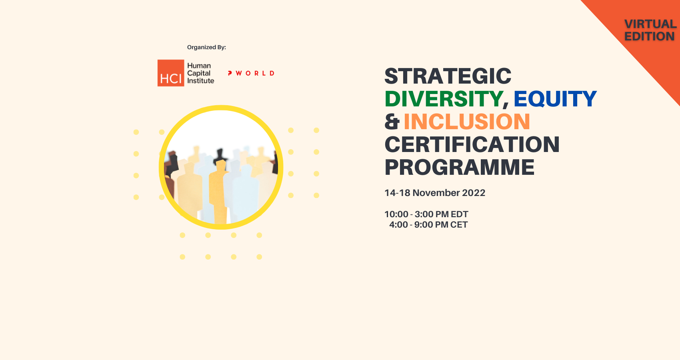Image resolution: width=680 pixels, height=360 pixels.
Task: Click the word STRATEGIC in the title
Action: [448, 76]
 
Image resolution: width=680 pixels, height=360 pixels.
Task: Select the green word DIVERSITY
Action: [444, 99]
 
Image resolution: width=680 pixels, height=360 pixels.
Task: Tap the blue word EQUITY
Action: [555, 99]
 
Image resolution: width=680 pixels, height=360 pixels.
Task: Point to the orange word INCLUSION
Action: [467, 122]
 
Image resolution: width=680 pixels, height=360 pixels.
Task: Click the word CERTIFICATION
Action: [472, 144]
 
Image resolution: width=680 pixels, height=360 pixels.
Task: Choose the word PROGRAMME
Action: [459, 167]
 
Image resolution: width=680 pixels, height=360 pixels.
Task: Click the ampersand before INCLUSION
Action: [392, 122]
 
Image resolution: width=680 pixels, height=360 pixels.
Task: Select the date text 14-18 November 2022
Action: [435, 193]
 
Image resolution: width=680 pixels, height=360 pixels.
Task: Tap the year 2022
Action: [474, 193]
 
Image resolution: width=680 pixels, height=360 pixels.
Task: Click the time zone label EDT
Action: [459, 214]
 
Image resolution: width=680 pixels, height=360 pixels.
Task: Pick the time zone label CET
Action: [459, 225]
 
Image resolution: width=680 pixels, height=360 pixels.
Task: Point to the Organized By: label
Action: [206, 47]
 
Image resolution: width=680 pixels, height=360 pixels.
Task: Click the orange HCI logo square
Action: [171, 73]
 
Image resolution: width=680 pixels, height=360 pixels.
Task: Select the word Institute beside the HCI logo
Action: [200, 81]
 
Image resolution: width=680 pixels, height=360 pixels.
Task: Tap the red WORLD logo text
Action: [255, 73]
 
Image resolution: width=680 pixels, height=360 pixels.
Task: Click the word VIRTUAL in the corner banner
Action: [650, 24]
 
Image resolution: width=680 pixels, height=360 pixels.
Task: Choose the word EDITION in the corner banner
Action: [649, 36]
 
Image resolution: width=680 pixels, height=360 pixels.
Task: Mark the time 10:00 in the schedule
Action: [396, 214]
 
